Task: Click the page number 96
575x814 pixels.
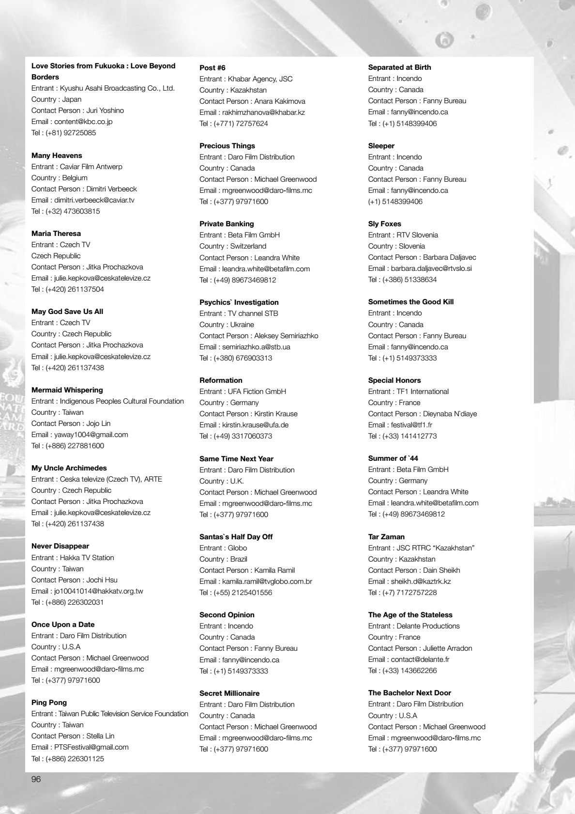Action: click(36, 779)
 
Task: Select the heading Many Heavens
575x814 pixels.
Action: click(57, 156)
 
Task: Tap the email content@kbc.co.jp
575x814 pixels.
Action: click(83, 122)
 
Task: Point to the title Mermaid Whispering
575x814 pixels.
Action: click(67, 390)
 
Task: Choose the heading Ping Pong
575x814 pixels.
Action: click(49, 703)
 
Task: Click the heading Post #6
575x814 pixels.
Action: click(212, 68)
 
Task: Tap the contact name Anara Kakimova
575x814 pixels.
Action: click(280, 101)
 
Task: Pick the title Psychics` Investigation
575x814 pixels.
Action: click(239, 302)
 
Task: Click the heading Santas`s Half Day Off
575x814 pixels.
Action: click(236, 537)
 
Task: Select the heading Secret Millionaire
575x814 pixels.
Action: click(229, 693)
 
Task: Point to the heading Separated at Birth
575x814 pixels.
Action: click(399, 67)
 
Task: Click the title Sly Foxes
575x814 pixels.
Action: click(385, 224)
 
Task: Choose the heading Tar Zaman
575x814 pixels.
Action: click(386, 537)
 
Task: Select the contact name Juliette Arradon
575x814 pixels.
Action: click(448, 648)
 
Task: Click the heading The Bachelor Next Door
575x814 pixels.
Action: click(409, 693)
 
